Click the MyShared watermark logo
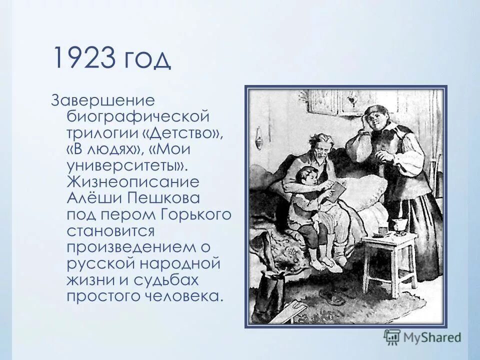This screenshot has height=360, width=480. coord(422,336)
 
